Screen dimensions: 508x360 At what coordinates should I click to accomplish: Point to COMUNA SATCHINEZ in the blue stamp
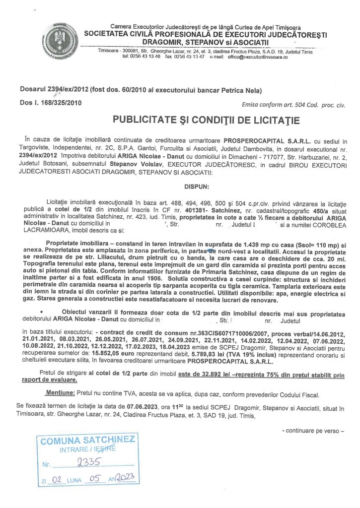[87, 440]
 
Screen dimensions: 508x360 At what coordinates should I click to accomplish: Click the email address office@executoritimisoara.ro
[258, 57]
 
